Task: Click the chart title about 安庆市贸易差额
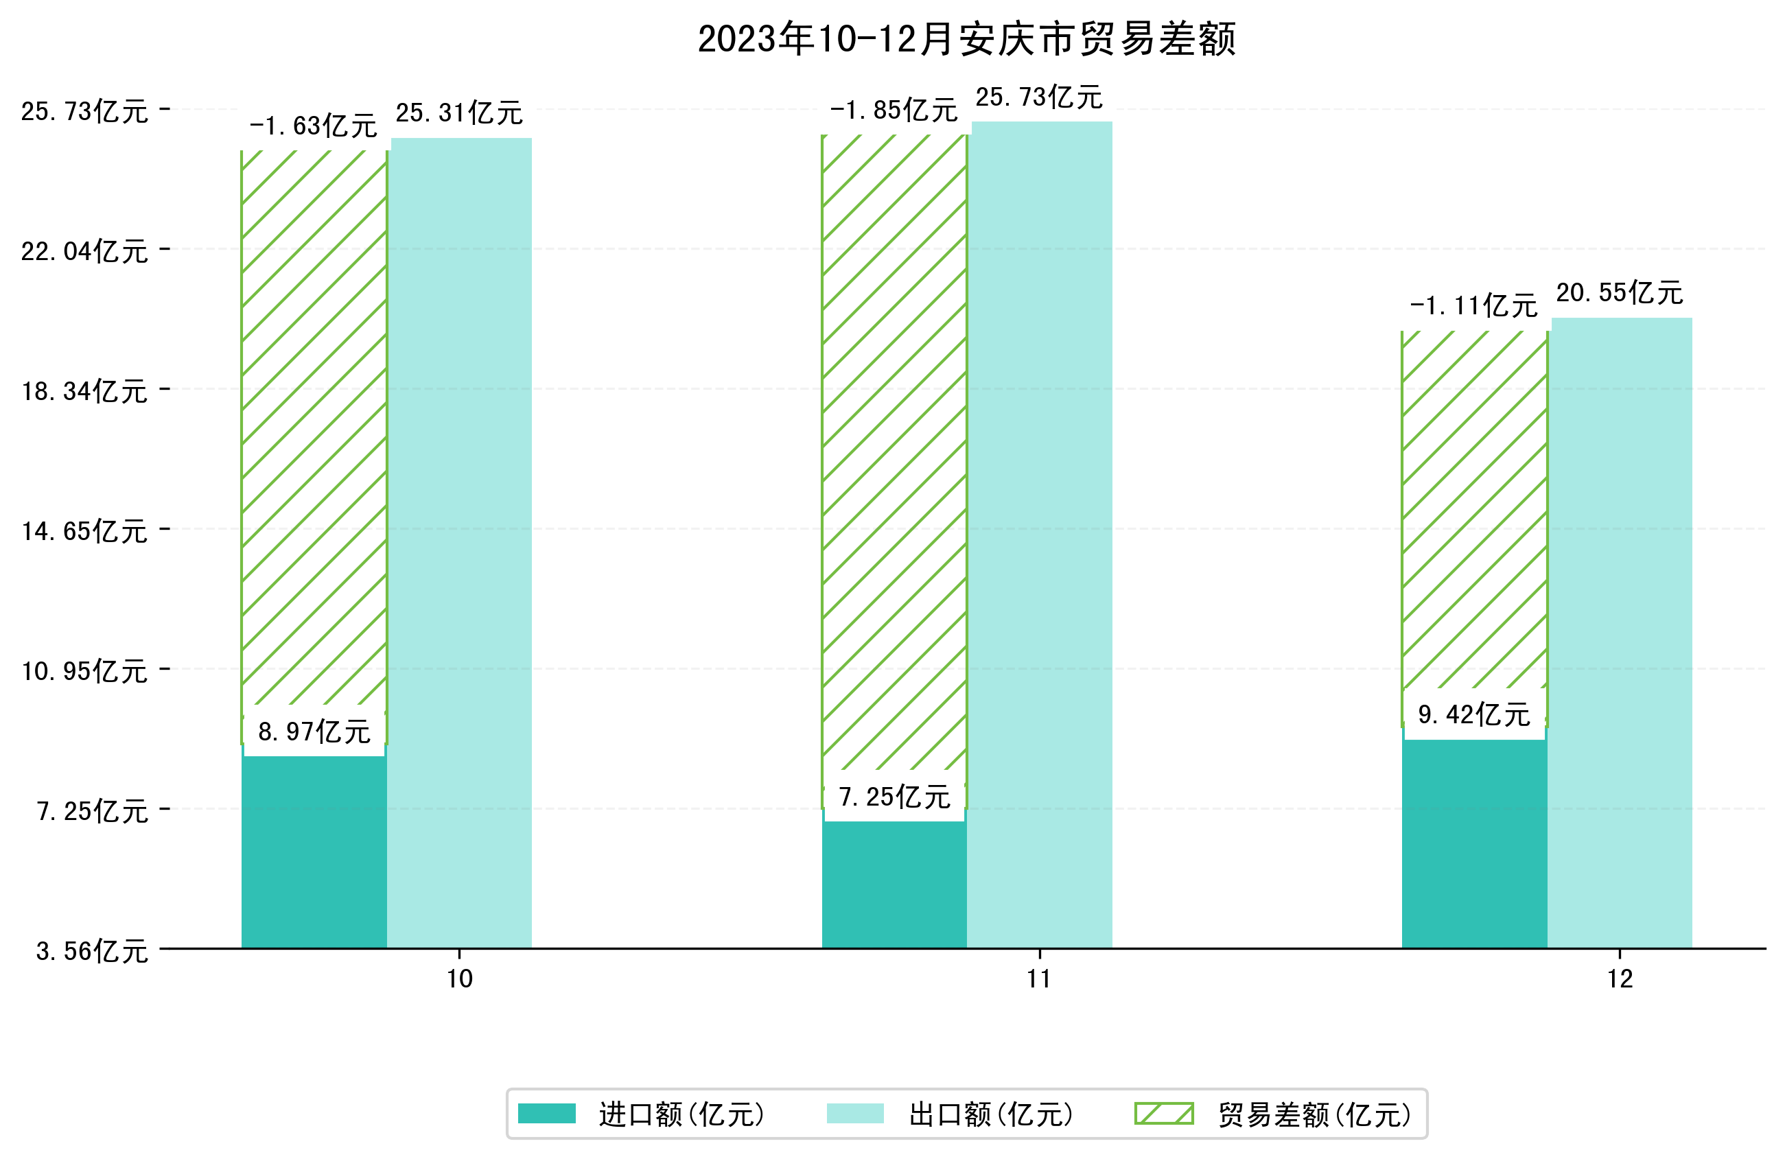tap(966, 39)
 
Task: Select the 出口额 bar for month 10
tap(460, 540)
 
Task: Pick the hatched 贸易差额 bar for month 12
tap(1473, 510)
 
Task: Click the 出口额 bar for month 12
tap(1621, 630)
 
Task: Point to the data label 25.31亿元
tap(459, 113)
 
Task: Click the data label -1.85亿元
tap(894, 111)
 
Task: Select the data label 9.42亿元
tap(1473, 714)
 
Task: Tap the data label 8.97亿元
tap(314, 731)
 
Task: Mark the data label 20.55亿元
tap(1619, 293)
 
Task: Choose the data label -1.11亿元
tap(1473, 306)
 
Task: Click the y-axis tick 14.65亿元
tap(84, 531)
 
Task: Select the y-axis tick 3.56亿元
tap(91, 951)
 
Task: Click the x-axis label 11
tap(1039, 979)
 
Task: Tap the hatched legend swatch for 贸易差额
tap(1163, 1114)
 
